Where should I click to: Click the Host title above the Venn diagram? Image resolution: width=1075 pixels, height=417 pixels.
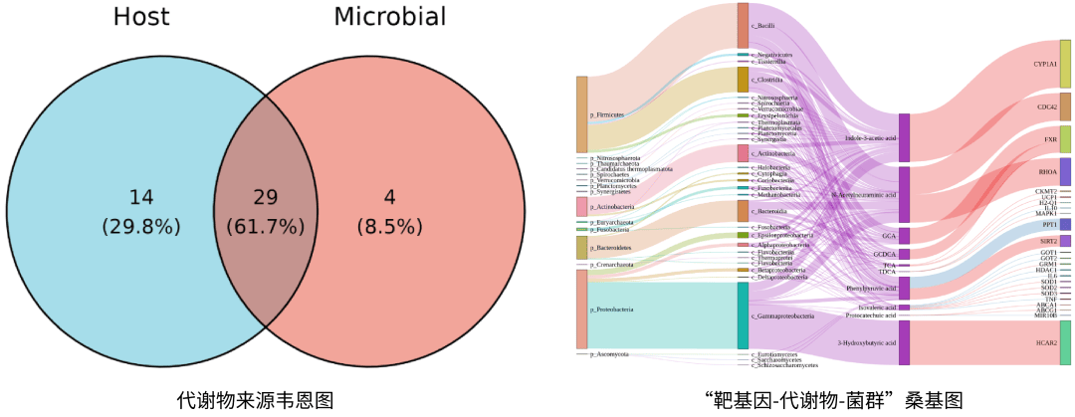[141, 17]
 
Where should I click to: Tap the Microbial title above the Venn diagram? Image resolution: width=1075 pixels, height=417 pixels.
[389, 17]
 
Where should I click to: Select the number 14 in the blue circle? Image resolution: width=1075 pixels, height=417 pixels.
[141, 197]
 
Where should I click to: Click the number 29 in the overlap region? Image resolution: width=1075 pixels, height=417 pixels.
[265, 197]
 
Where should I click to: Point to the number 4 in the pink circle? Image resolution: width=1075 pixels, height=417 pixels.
[389, 197]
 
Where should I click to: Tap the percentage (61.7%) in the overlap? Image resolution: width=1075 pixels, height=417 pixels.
[265, 226]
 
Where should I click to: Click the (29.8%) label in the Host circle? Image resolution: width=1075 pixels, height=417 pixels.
[141, 226]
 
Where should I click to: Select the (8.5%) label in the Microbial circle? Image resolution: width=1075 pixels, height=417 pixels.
[389, 226]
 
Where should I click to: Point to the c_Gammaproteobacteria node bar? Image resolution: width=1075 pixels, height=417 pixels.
[743, 314]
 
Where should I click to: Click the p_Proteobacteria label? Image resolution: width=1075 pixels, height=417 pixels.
[611, 310]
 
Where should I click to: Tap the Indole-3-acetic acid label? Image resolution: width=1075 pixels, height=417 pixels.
[871, 137]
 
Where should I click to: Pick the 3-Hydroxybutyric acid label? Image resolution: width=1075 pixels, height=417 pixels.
[867, 342]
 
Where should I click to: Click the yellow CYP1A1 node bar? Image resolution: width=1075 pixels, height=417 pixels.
[1065, 64]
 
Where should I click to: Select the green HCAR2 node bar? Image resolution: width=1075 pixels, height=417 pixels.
[1065, 342]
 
